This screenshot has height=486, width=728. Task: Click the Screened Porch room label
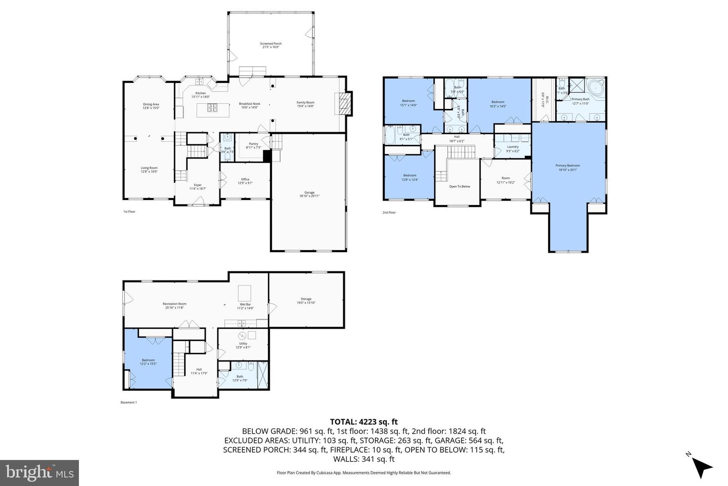point(270,46)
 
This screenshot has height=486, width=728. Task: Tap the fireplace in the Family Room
point(344,104)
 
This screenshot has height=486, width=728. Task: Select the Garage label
point(309,194)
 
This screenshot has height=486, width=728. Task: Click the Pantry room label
point(253,145)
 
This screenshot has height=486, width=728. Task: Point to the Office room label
point(245,181)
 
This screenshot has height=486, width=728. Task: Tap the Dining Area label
point(151,106)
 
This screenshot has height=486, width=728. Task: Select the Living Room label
point(149,170)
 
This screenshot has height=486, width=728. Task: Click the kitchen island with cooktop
point(211,107)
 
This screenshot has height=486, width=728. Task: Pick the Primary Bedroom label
point(567,167)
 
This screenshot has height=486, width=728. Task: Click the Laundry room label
point(513,149)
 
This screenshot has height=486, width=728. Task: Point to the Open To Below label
point(460,186)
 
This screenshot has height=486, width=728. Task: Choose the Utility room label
point(243,345)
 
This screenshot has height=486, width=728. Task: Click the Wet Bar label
point(245,306)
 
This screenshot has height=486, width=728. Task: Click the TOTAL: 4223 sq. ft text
point(364,421)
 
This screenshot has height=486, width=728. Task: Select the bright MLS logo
point(39,473)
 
